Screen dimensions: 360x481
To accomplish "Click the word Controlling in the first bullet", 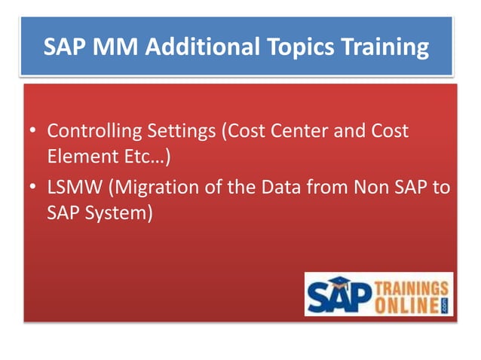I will [x=93, y=131].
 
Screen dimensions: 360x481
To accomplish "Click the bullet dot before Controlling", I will [x=32, y=132].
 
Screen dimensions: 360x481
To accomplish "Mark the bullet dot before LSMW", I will [x=32, y=187].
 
